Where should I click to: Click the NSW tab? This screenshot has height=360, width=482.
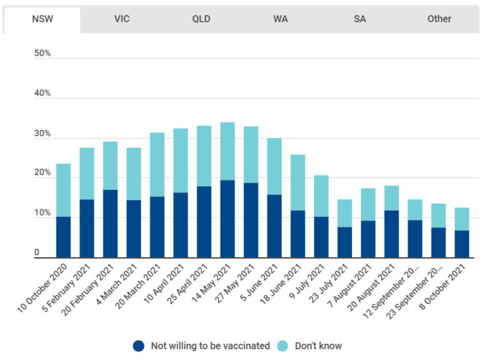point(42,19)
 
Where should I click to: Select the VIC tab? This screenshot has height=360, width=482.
point(122,19)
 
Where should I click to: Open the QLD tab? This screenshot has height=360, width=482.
point(201,19)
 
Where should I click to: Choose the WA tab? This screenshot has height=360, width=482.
point(280,19)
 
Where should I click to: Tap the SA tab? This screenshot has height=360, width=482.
point(360,19)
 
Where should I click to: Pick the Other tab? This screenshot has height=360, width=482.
point(440,19)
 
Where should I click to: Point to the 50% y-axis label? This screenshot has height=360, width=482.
point(42,54)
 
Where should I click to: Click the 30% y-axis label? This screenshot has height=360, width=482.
point(42,134)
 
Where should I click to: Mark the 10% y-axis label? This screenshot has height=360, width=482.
point(42,214)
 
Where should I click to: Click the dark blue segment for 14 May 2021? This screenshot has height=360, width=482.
point(228,218)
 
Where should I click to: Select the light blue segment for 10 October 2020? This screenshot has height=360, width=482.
point(64,190)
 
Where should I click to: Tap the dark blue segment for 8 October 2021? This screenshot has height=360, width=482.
point(462,244)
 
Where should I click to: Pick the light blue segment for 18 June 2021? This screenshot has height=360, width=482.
point(298,183)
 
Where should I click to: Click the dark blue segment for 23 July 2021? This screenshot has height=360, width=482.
point(345,242)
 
